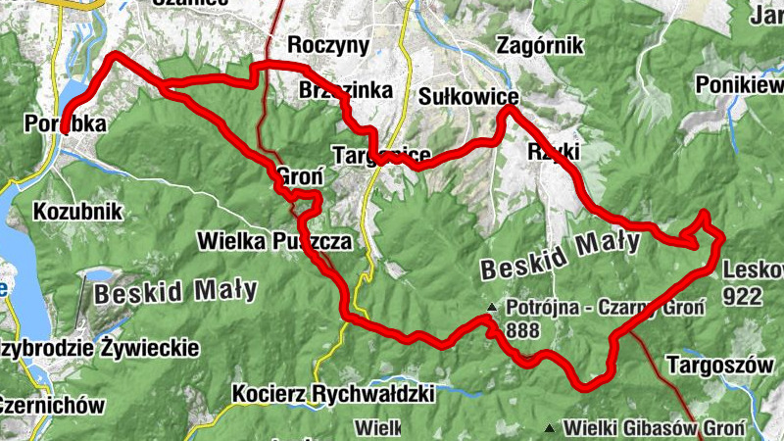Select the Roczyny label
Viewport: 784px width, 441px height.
[x=327, y=45]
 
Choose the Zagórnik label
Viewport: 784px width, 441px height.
[x=540, y=45]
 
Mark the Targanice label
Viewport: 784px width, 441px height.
[x=382, y=156]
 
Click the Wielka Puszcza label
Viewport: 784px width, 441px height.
[x=273, y=240]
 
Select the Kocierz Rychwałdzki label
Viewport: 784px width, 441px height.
[x=333, y=394]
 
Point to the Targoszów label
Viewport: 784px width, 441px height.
[x=719, y=365]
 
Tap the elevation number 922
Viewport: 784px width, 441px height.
[x=744, y=296]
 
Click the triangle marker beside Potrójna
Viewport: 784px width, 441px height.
[x=492, y=309]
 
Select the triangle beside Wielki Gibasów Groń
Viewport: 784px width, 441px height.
[x=550, y=428]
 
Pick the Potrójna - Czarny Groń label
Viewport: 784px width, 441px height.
[x=605, y=308]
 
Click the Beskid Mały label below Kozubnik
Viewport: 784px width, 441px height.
[x=176, y=290]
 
